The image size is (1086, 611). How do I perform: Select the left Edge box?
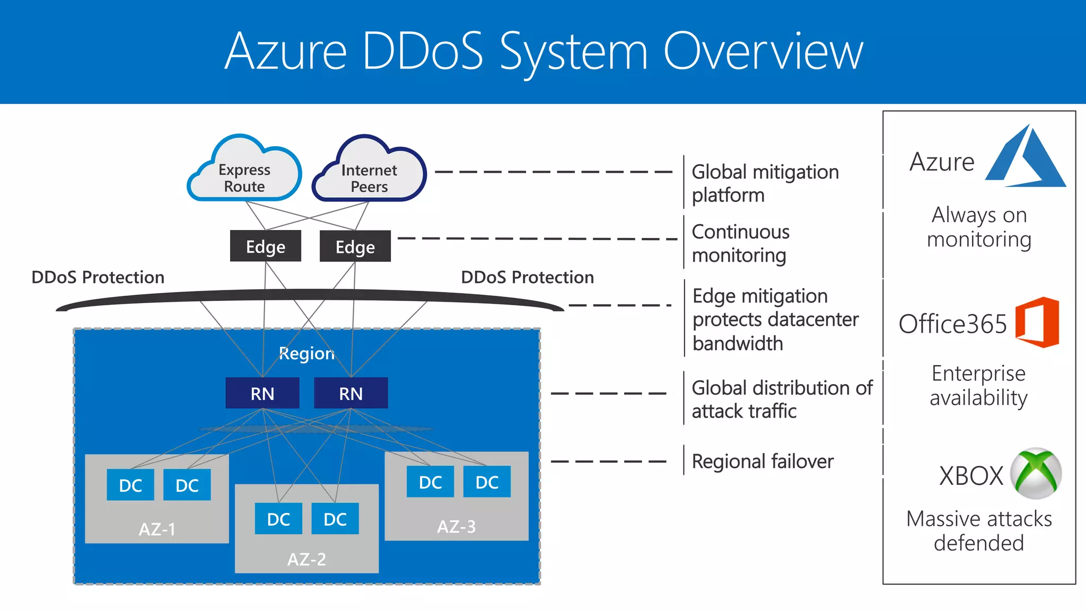click(x=265, y=246)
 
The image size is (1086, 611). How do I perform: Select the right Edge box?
click(x=355, y=246)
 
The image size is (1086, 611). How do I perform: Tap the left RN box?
click(x=262, y=393)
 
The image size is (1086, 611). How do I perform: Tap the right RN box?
click(x=351, y=393)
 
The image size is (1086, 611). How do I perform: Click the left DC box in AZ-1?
click(x=130, y=485)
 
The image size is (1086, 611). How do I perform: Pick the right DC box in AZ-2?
click(x=335, y=519)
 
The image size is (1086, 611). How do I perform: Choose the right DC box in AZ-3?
click(x=487, y=482)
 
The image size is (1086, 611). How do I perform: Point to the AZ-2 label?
click(x=306, y=559)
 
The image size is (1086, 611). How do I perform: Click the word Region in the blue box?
click(x=306, y=353)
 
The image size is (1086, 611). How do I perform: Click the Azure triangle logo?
click(x=1026, y=158)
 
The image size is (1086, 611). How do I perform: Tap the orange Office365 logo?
click(x=1037, y=322)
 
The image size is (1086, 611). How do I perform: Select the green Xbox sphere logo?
click(x=1036, y=473)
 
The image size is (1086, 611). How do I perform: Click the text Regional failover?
click(x=762, y=462)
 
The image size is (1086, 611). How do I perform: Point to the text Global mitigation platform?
click(x=765, y=183)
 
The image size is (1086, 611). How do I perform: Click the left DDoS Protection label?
click(x=98, y=277)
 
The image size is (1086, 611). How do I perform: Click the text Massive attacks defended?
click(x=979, y=530)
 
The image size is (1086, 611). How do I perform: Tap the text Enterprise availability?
click(x=978, y=385)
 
